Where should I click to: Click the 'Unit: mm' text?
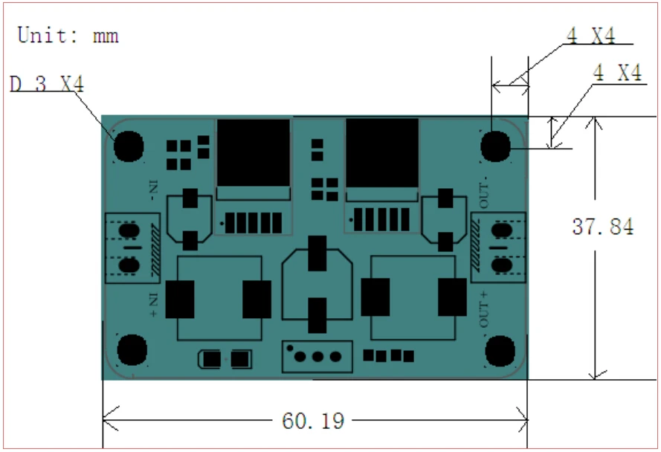[68, 35]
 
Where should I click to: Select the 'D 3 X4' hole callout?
[47, 84]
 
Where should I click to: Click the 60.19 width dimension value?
[313, 422]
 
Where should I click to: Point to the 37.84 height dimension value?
[602, 227]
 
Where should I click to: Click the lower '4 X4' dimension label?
[617, 73]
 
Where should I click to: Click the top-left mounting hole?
[128, 146]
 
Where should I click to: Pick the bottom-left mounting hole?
[132, 349]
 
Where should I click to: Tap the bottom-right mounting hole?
[500, 350]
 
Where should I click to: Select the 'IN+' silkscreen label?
[153, 305]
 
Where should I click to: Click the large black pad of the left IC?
[253, 155]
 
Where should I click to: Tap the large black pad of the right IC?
[382, 153]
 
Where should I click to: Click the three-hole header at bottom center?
[317, 357]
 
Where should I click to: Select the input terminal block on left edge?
[132, 248]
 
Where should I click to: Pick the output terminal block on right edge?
[499, 248]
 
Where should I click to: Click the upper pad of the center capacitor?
[317, 253]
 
